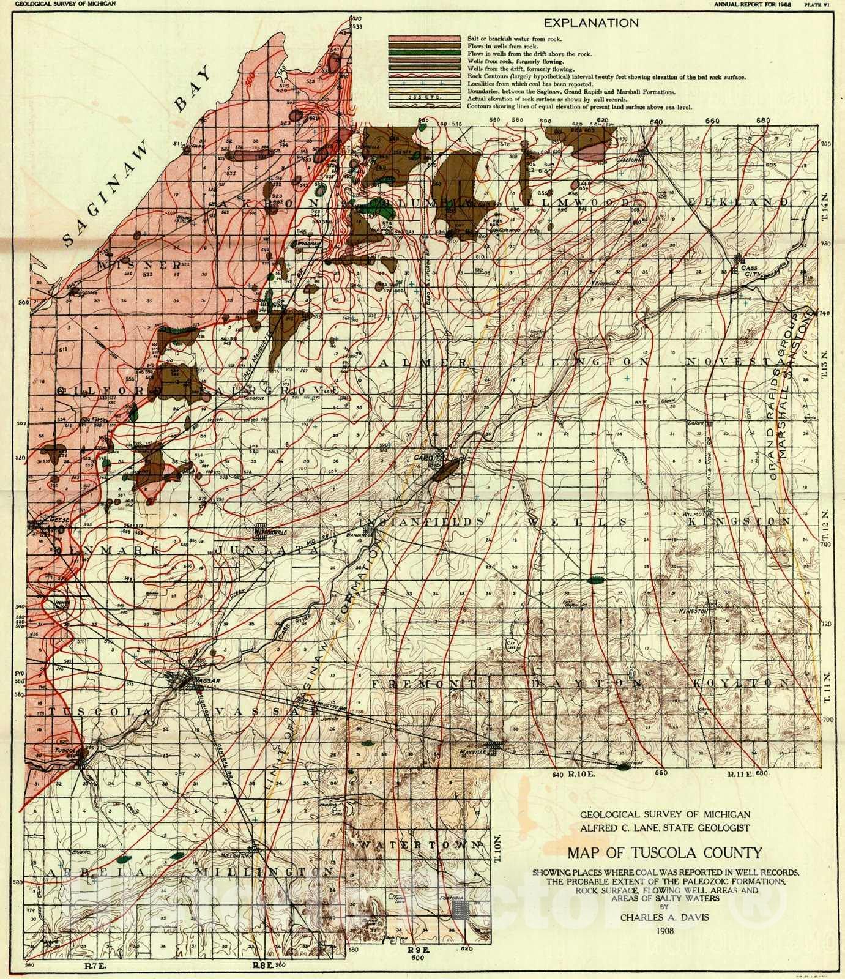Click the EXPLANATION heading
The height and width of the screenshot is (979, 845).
[591, 23]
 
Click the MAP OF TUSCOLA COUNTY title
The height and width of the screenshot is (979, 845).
[664, 852]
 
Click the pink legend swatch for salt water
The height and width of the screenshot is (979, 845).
[424, 39]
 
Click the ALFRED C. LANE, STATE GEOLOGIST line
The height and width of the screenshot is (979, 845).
[664, 828]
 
